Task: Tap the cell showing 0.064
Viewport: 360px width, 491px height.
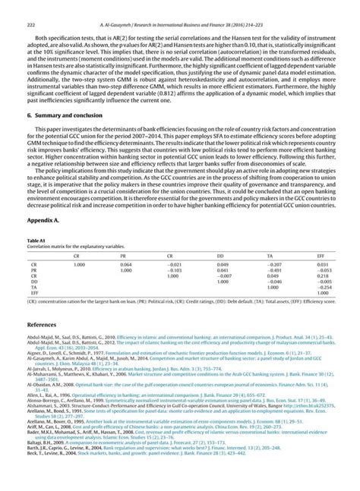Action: [126, 264]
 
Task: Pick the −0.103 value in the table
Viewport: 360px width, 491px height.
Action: [174, 270]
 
